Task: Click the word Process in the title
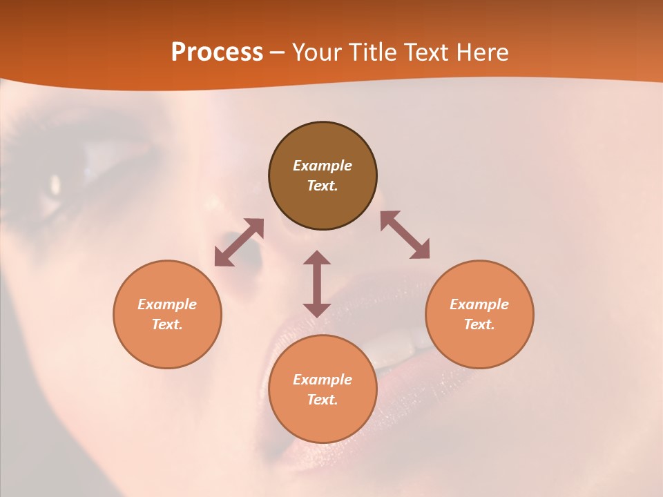point(217,52)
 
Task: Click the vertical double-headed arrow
point(317,284)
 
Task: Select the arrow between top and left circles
point(239,242)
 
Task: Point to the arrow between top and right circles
point(405,235)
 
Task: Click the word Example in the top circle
point(323,166)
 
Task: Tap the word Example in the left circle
point(167,304)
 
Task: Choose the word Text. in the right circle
point(479,324)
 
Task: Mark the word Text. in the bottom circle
point(323,400)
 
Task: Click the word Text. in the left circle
point(167,324)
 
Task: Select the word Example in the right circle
point(479,304)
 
